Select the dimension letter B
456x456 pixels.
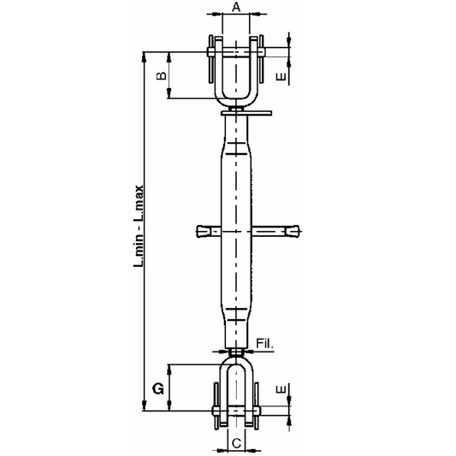[159, 77]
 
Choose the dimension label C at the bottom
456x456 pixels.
[236, 444]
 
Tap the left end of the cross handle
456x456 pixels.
[202, 231]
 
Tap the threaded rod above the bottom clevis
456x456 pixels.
[236, 348]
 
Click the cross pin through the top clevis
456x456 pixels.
[236, 55]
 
